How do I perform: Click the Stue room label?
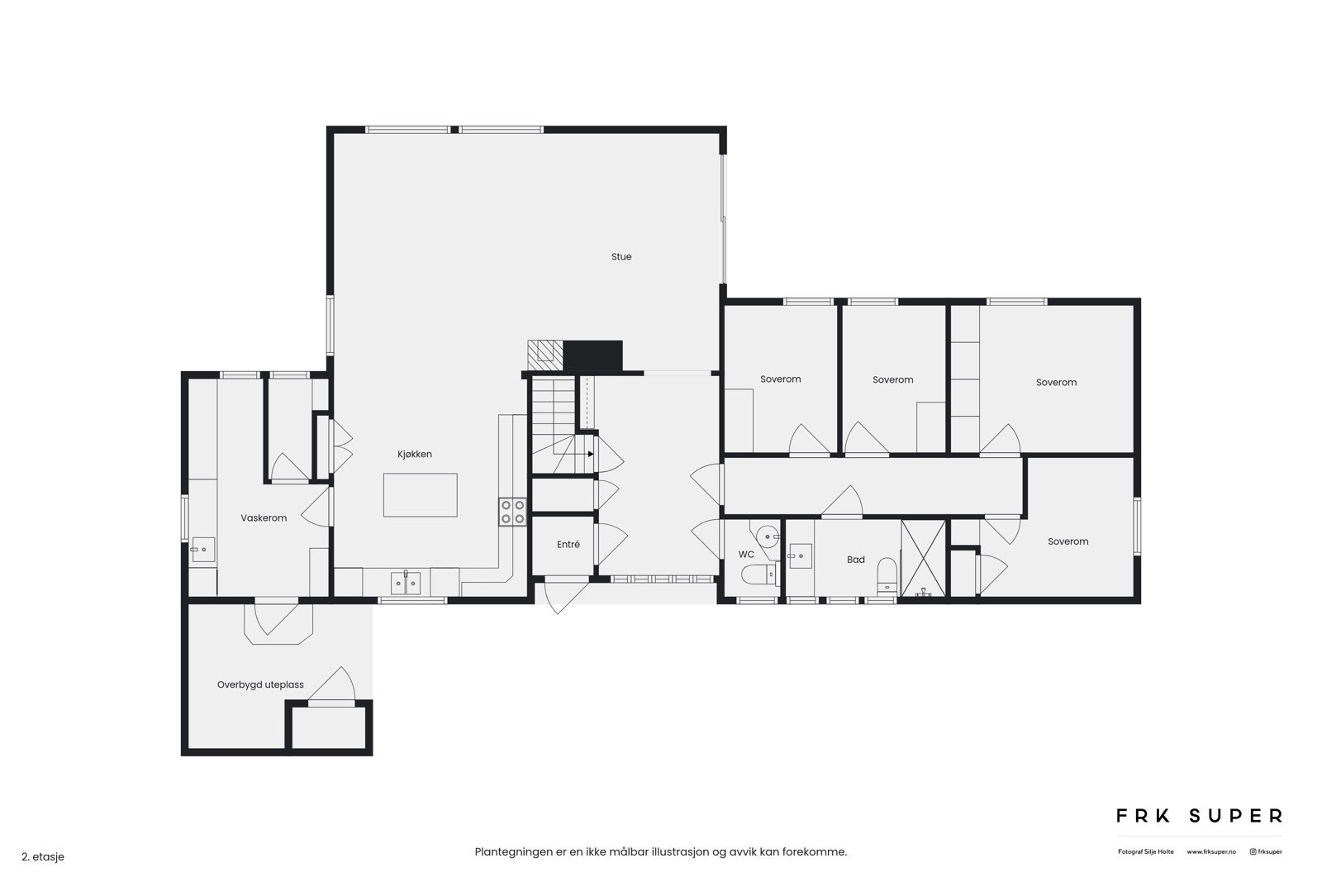click(621, 257)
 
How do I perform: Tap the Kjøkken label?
click(415, 455)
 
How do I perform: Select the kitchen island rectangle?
click(420, 495)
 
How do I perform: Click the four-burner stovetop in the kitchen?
click(512, 512)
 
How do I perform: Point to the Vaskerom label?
click(264, 518)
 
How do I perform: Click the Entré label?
click(568, 545)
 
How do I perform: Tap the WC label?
click(746, 555)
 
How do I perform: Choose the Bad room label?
click(856, 560)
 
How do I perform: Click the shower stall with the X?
click(924, 558)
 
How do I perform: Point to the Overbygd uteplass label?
click(260, 685)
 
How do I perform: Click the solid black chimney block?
click(592, 355)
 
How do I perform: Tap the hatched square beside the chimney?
click(545, 355)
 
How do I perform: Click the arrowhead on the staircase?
click(590, 454)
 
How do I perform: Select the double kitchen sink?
click(406, 584)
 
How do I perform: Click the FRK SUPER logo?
click(1199, 816)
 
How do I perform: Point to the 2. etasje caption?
click(43, 857)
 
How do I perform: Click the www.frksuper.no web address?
click(1211, 851)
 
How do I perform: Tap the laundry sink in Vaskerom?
click(202, 550)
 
